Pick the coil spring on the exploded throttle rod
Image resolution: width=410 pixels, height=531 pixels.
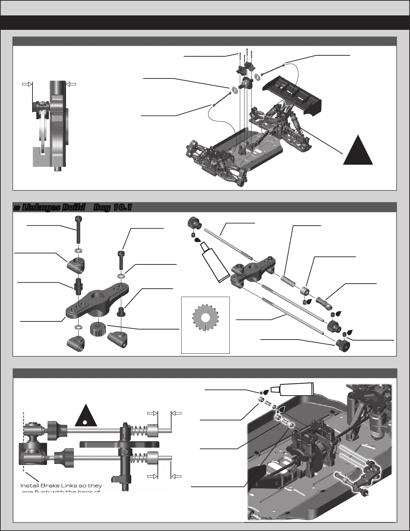288,281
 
